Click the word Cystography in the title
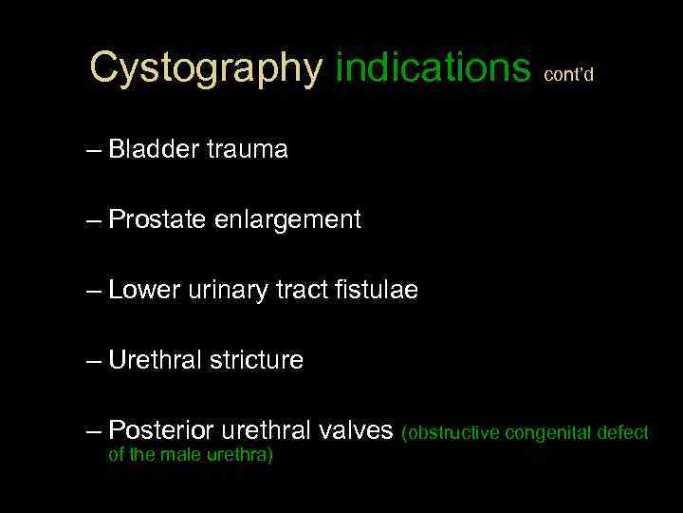[x=206, y=67]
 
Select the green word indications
[x=433, y=67]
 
